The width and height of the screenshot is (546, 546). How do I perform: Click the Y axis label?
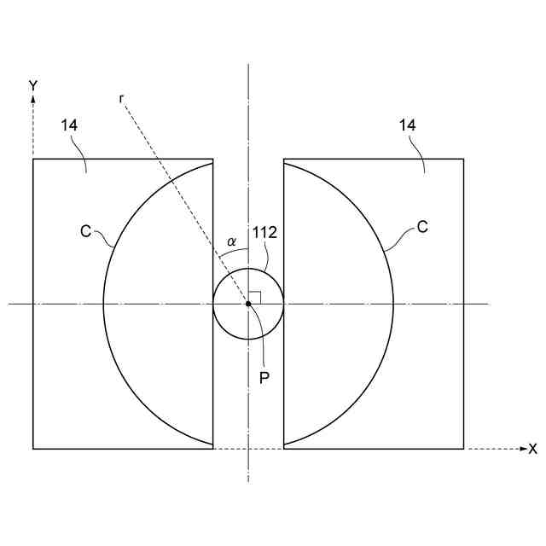33,85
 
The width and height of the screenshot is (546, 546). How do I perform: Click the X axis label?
532,450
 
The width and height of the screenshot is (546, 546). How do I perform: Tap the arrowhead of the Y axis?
33,99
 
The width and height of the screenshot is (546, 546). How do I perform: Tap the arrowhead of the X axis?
523,449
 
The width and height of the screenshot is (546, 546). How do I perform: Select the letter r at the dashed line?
121,99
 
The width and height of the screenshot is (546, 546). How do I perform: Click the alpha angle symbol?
231,241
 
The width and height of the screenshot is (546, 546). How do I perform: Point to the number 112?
264,232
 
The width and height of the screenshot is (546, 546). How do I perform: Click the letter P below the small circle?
264,378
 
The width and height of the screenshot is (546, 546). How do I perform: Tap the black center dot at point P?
248,304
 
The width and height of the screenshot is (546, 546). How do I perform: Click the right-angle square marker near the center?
254,298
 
